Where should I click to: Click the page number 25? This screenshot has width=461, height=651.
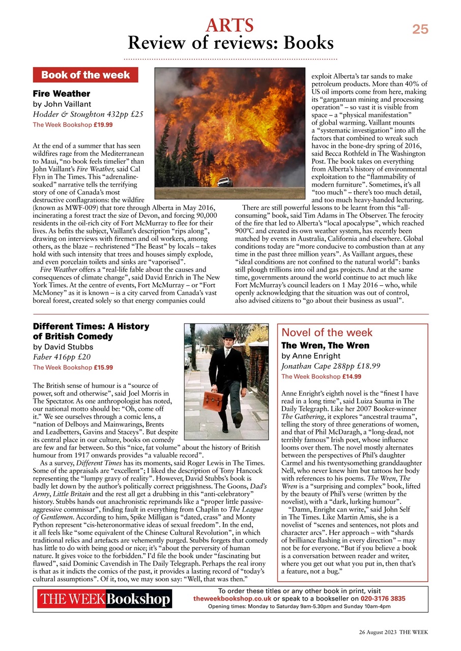click(x=420, y=29)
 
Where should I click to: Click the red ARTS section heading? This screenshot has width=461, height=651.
click(x=230, y=24)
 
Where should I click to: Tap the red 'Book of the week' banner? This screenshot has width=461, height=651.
click(x=85, y=75)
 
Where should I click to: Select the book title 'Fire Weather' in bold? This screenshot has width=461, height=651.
click(x=62, y=94)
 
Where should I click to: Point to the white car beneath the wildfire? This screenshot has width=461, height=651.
click(x=223, y=182)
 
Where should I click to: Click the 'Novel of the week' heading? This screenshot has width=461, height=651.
click(x=327, y=333)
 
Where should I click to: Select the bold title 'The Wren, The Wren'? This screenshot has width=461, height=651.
click(x=326, y=345)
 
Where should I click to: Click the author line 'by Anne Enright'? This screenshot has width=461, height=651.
click(x=311, y=356)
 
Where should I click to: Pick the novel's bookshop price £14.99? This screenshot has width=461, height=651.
click(x=351, y=377)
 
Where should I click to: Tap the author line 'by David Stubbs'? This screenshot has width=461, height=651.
click(x=63, y=347)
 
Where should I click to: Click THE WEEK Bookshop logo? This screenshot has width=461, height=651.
click(x=105, y=600)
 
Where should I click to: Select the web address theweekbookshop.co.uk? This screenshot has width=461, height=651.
click(x=232, y=599)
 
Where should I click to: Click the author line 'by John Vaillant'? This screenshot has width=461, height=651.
click(x=62, y=104)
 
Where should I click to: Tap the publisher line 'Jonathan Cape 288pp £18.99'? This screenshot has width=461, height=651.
click(x=331, y=366)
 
